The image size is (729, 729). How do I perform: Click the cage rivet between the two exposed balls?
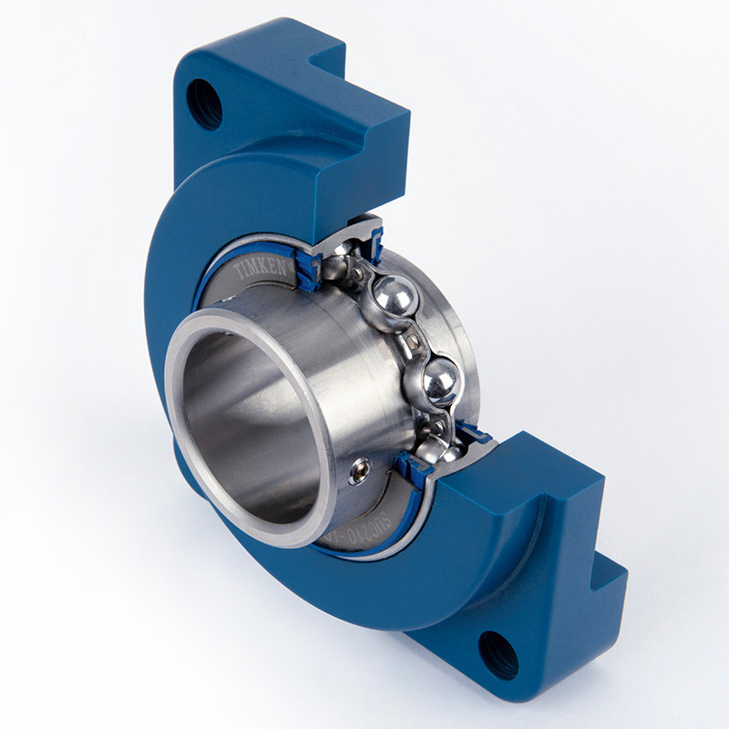pyautogui.click(x=416, y=340)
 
